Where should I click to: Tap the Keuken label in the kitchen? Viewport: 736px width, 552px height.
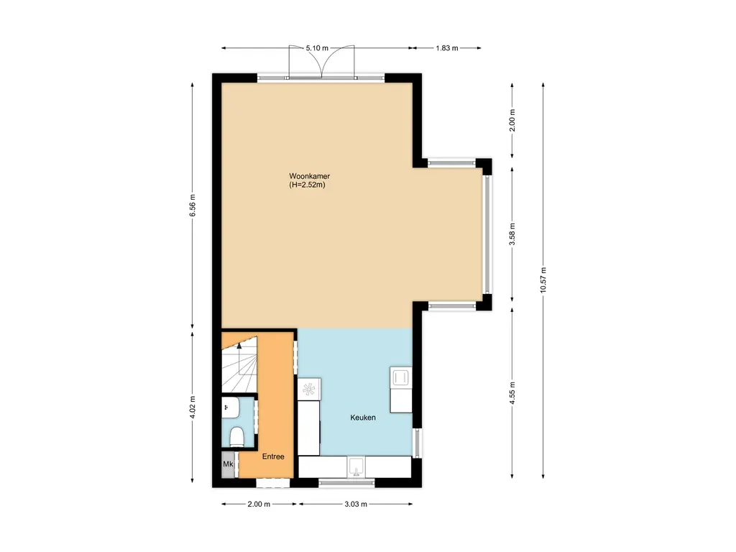[363, 418]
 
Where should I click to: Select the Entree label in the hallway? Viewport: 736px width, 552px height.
[273, 456]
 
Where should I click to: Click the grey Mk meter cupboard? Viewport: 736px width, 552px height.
[229, 465]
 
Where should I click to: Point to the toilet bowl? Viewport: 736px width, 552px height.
[236, 436]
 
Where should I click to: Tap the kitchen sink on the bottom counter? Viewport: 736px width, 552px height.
[356, 468]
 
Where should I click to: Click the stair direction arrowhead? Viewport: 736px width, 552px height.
[240, 347]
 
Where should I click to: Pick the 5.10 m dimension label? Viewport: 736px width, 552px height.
[317, 48]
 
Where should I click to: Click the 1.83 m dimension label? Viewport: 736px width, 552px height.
[446, 48]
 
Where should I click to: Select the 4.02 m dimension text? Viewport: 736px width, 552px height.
[193, 407]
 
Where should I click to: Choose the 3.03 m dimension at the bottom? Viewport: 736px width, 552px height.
[356, 505]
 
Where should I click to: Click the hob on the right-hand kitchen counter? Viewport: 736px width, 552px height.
[400, 377]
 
